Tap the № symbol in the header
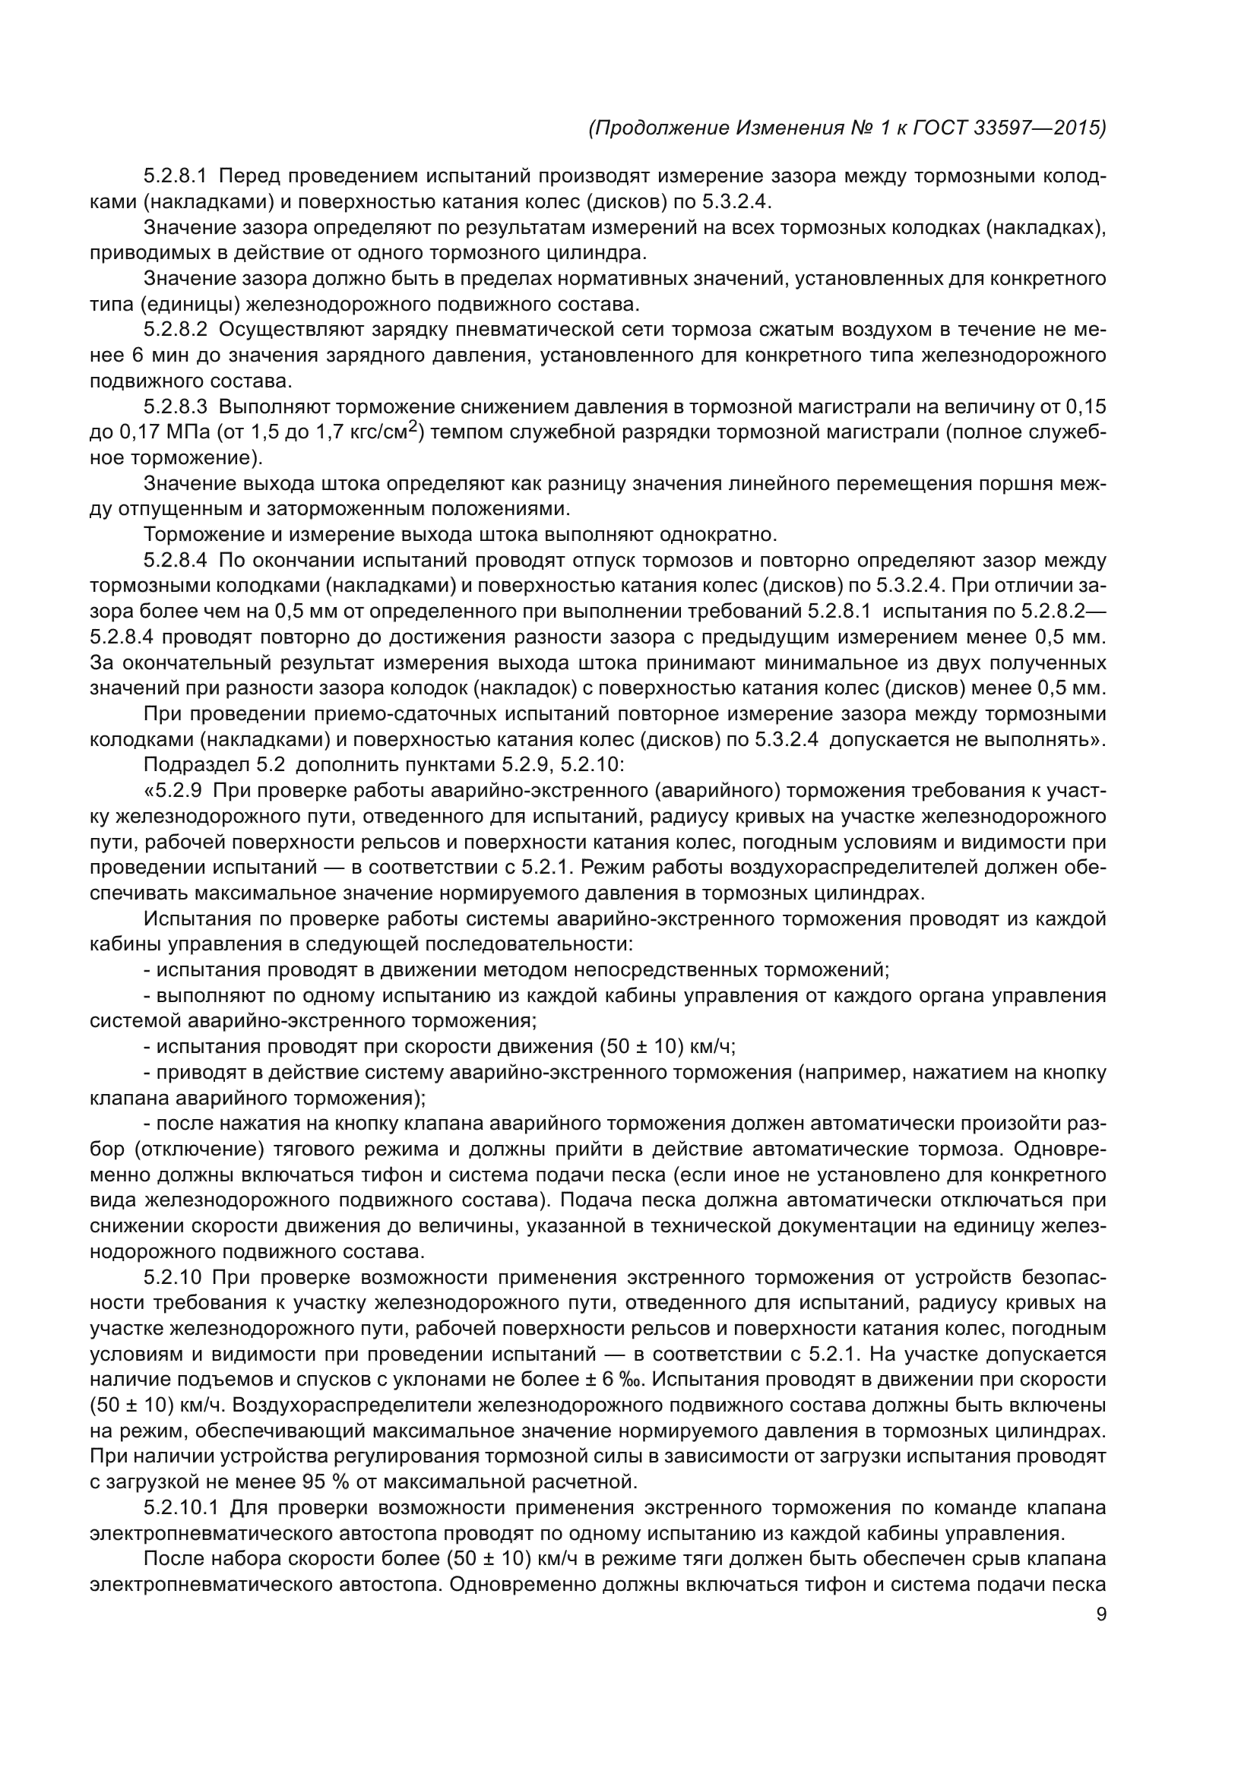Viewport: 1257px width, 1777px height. pos(861,128)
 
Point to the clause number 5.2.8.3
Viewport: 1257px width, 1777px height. pos(176,407)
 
